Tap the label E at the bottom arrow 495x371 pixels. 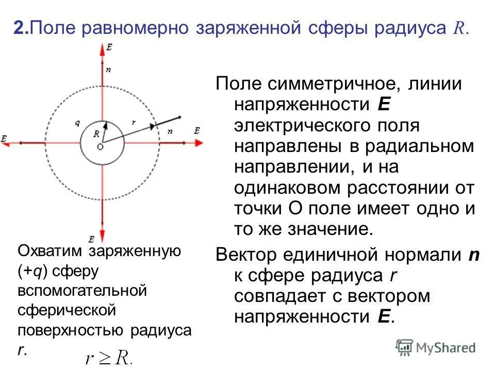pos(91,239)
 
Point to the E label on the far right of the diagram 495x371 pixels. pos(197,131)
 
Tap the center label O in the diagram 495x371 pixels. pos(100,147)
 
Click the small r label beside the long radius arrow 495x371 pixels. pos(134,123)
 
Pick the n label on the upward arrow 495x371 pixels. pos(107,69)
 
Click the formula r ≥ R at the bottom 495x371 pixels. pos(109,358)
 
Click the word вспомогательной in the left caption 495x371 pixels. pos(82,291)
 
